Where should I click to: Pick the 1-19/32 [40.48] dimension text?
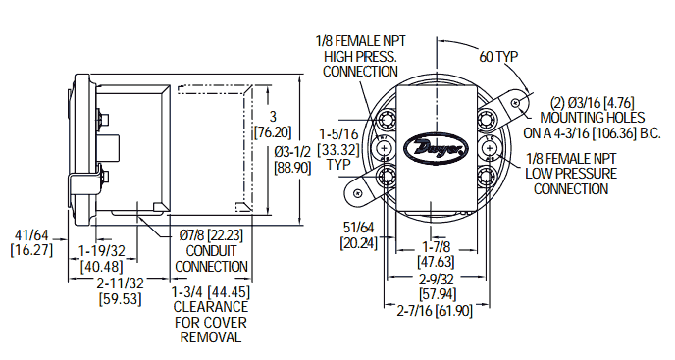[99, 258]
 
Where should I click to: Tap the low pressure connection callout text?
[569, 174]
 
